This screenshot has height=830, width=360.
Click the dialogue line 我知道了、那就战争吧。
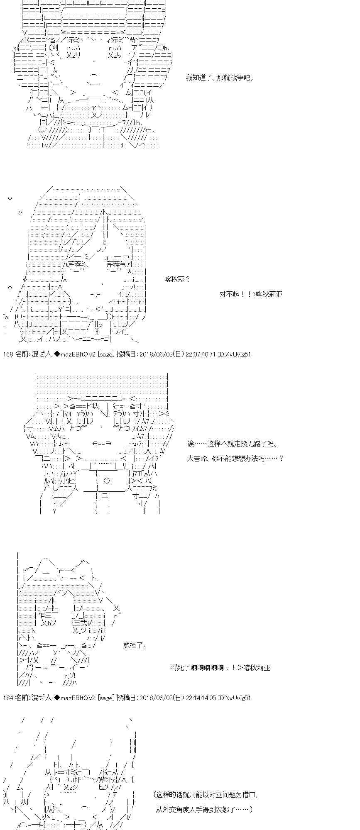point(220,78)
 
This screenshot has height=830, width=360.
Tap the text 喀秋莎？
point(177,279)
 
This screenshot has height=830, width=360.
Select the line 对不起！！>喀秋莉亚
point(251,294)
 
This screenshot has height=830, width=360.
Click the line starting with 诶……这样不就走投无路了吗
point(232,444)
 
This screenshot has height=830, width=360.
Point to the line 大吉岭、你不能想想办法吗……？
point(235,459)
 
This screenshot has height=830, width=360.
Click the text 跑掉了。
point(135,645)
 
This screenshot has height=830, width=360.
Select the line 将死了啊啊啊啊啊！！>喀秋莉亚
point(220,668)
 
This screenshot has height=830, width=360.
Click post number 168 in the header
point(8,354)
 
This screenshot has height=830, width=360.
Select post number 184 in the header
point(8,698)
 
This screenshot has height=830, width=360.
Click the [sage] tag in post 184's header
point(105,698)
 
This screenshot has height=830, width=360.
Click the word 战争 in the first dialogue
point(236,78)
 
